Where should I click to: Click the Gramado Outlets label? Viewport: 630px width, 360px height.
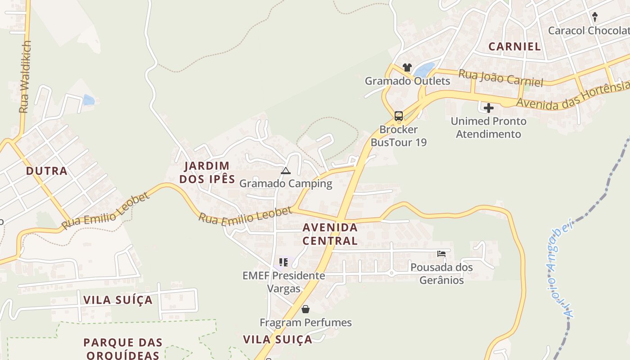(x=407, y=81)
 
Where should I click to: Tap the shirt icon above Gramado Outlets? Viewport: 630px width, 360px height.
(x=407, y=67)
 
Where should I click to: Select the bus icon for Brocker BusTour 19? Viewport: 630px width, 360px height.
(x=399, y=116)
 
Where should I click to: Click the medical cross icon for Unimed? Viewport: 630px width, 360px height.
(x=488, y=108)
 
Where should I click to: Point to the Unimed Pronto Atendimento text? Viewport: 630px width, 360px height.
(x=488, y=128)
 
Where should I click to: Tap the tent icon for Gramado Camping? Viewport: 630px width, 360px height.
(x=286, y=171)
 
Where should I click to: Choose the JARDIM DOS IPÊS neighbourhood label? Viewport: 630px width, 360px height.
(x=207, y=172)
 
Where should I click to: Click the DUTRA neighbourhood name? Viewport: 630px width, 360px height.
(x=47, y=171)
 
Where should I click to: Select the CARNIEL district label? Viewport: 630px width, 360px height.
(x=514, y=46)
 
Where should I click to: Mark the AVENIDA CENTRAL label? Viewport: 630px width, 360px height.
(x=330, y=234)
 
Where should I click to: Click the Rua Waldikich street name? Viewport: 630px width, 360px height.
(x=25, y=76)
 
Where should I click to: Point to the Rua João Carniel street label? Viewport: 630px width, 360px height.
(x=500, y=77)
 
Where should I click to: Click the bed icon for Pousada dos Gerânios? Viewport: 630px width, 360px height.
(x=441, y=254)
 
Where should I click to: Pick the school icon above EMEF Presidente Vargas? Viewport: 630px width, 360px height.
(x=283, y=262)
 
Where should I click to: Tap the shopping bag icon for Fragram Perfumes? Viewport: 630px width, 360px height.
(x=306, y=309)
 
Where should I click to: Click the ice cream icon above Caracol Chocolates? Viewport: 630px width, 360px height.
(x=595, y=17)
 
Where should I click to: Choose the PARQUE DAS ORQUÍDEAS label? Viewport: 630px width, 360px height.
(x=123, y=349)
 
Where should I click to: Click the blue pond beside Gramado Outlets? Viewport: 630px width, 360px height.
(x=424, y=70)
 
